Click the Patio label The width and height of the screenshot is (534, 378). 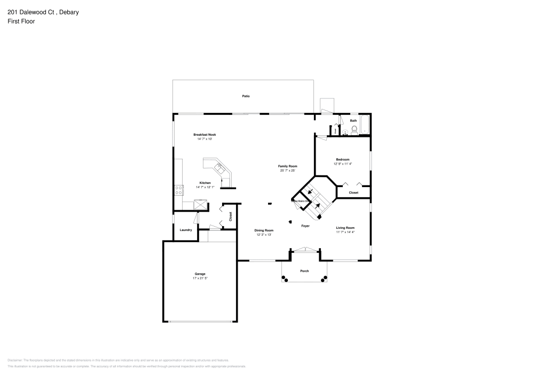(x=246, y=96)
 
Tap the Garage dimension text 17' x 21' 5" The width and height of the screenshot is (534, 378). (x=200, y=279)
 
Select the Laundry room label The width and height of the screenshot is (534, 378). (x=186, y=230)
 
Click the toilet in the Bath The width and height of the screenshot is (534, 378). (x=353, y=129)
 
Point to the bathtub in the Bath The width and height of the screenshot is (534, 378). (x=365, y=125)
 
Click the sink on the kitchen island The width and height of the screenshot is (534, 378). (x=219, y=167)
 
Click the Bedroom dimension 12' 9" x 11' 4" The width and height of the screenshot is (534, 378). (x=342, y=164)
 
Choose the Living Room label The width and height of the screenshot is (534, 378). (x=345, y=228)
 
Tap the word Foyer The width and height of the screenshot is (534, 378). (x=305, y=226)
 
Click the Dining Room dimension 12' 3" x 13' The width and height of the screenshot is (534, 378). (x=264, y=235)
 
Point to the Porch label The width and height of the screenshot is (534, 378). (x=304, y=271)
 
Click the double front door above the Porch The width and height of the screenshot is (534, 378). (x=305, y=249)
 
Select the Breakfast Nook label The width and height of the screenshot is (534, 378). (x=205, y=134)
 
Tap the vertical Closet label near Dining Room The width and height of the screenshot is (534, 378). (x=231, y=217)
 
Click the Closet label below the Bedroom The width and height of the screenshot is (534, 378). (x=354, y=192)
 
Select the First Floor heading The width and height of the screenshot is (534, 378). (x=21, y=21)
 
